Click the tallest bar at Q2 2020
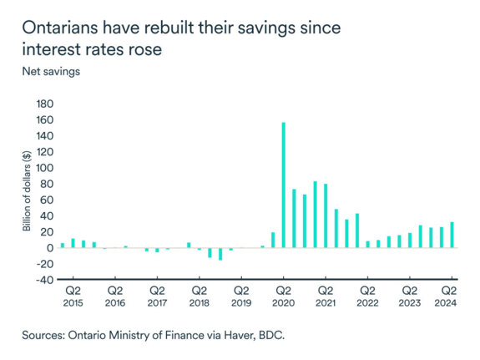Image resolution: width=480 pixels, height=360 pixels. (284, 185)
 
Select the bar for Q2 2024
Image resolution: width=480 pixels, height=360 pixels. (452, 235)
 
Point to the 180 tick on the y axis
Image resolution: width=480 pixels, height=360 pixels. (43, 104)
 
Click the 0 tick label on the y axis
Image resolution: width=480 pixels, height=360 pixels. (48, 248)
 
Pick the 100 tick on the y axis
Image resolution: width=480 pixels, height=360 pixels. (43, 169)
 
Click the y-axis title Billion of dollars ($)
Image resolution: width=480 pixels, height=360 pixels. (27, 192)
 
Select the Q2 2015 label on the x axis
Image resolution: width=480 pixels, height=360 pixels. (73, 297)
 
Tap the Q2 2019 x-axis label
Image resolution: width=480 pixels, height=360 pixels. (241, 297)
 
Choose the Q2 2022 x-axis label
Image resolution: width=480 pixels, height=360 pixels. (367, 297)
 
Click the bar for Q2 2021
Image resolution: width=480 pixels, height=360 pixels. (326, 215)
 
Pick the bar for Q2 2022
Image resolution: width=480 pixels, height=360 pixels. (368, 244)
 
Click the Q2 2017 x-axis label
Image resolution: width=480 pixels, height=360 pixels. (157, 297)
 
